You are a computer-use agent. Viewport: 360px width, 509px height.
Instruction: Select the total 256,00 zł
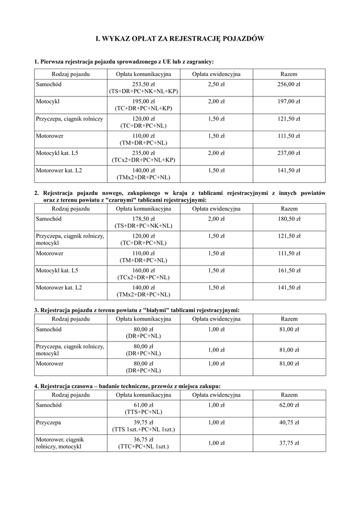289,85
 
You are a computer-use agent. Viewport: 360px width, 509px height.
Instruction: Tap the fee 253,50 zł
144,85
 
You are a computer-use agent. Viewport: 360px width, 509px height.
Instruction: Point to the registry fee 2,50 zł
216,85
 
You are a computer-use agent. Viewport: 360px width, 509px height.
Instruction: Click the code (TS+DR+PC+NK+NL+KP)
144,92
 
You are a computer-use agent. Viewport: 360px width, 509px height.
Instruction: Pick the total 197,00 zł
289,101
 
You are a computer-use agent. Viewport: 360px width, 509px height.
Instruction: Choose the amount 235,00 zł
144,153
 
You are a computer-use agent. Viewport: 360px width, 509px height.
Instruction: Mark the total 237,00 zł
289,153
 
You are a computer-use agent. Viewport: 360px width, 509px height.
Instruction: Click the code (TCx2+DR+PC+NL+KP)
144,161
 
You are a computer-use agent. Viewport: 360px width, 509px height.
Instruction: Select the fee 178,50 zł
144,218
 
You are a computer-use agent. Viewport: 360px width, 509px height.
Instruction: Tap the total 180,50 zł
289,218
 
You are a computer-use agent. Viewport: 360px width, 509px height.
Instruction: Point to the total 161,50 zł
289,270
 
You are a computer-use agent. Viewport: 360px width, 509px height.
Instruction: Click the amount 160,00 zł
144,270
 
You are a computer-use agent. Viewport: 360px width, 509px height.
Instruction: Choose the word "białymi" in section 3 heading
154,310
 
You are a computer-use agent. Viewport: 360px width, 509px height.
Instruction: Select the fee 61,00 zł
144,405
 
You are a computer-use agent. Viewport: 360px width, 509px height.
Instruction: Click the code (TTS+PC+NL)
144,412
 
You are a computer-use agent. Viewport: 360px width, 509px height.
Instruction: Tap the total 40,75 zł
289,423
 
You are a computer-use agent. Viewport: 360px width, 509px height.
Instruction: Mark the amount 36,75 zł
144,439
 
